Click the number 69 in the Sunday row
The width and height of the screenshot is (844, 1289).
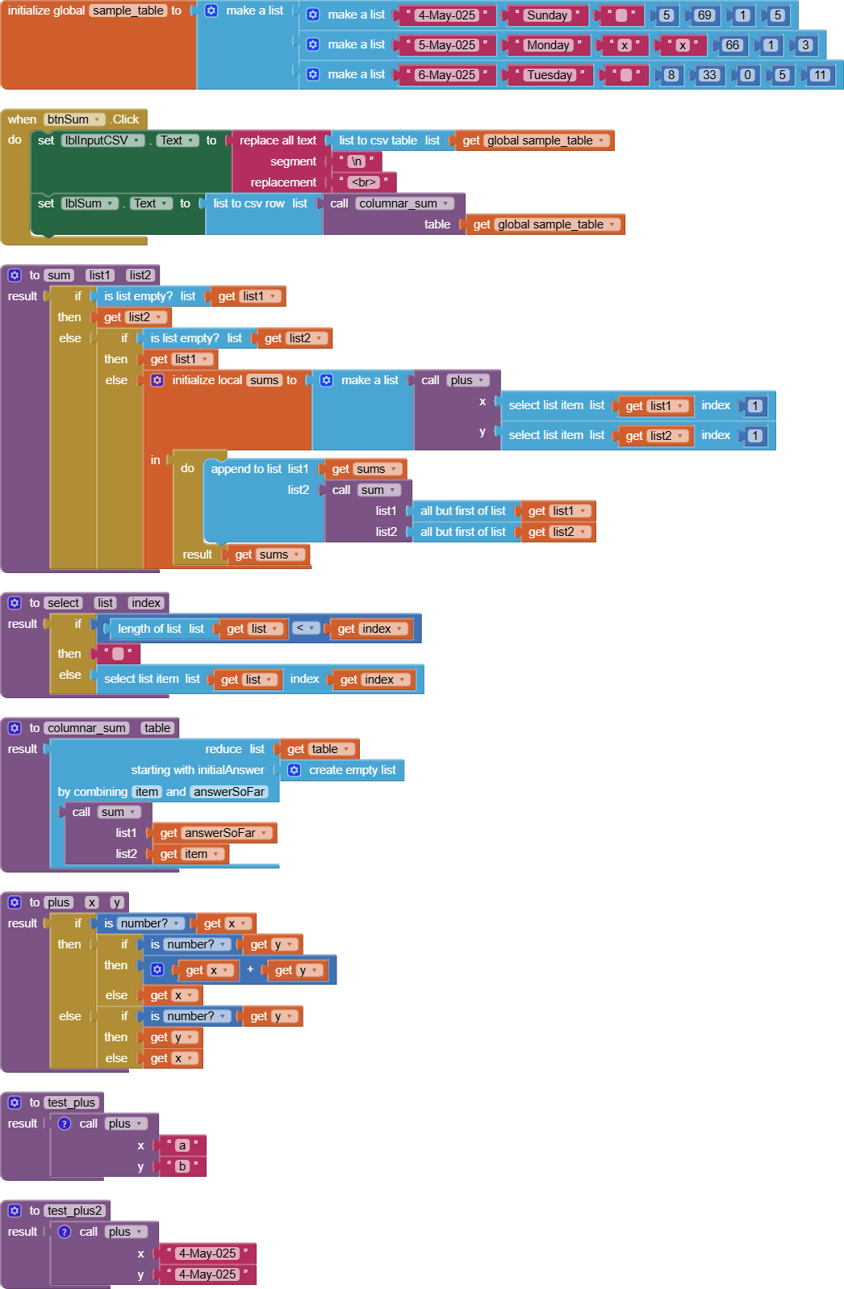(x=704, y=15)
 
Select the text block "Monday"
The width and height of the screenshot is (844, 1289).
(x=547, y=45)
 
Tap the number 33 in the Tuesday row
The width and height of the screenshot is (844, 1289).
(x=709, y=75)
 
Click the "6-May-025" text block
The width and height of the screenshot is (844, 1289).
(x=446, y=75)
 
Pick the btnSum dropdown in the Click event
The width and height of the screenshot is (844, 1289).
(x=74, y=119)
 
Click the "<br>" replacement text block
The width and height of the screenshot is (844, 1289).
(x=364, y=182)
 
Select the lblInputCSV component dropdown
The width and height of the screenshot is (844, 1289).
(x=102, y=140)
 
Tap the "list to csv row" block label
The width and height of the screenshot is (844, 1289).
(x=249, y=203)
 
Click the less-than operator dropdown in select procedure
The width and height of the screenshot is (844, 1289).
(x=305, y=629)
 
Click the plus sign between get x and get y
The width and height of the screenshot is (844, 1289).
(x=250, y=969)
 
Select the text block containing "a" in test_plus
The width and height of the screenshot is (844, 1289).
(x=182, y=1145)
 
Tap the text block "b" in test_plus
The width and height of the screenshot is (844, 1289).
(x=182, y=1166)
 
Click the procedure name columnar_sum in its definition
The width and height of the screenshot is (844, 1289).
(x=86, y=729)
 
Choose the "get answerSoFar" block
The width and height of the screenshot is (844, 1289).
(x=215, y=833)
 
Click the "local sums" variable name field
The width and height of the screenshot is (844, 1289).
(x=264, y=380)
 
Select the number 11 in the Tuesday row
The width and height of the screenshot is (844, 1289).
(x=820, y=75)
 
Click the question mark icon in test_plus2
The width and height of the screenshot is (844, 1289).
(x=65, y=1232)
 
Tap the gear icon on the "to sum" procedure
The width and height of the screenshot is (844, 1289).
(x=15, y=276)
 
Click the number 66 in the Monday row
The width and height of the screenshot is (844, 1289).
(x=732, y=45)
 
